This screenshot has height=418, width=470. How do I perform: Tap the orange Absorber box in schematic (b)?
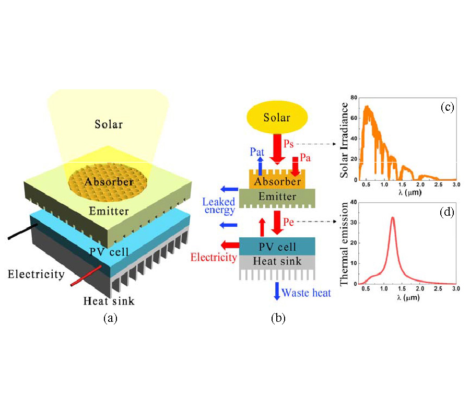point(277,180)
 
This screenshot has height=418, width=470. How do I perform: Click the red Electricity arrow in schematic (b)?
point(229,245)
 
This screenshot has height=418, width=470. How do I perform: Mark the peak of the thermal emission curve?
point(392,218)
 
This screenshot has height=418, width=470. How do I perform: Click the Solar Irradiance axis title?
point(345,140)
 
